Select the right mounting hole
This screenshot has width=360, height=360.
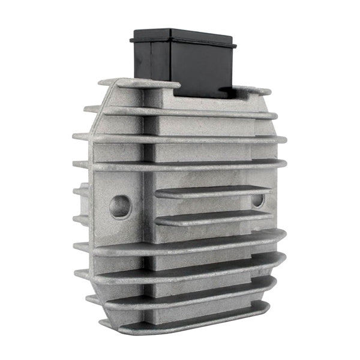click(259, 200)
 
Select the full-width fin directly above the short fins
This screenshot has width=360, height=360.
click(180, 163)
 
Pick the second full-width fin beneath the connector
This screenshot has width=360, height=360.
click(180, 137)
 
